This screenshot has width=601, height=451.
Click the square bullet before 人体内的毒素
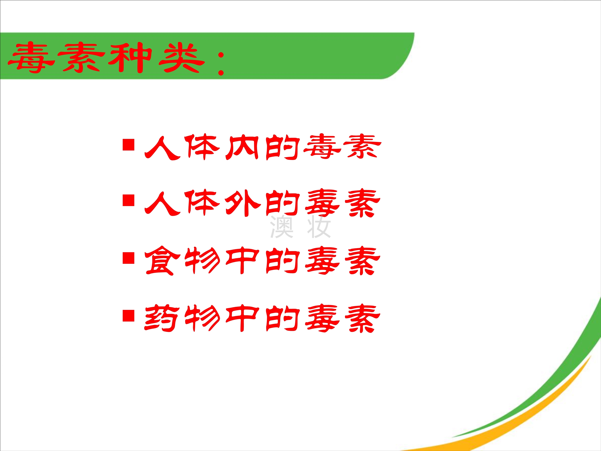coord(129,145)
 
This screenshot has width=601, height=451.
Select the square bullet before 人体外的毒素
coord(129,200)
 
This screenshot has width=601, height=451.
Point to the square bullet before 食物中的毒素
coord(129,258)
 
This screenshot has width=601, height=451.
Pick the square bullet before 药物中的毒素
coord(129,316)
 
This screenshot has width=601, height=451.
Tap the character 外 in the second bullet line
coord(243,203)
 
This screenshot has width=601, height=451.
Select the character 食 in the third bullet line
coord(162,260)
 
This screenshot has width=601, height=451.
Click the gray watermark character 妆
coord(319,227)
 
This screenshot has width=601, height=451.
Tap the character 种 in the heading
coord(130,58)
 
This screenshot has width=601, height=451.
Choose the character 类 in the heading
coord(182,58)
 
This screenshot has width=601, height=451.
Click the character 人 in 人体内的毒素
coord(162,148)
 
